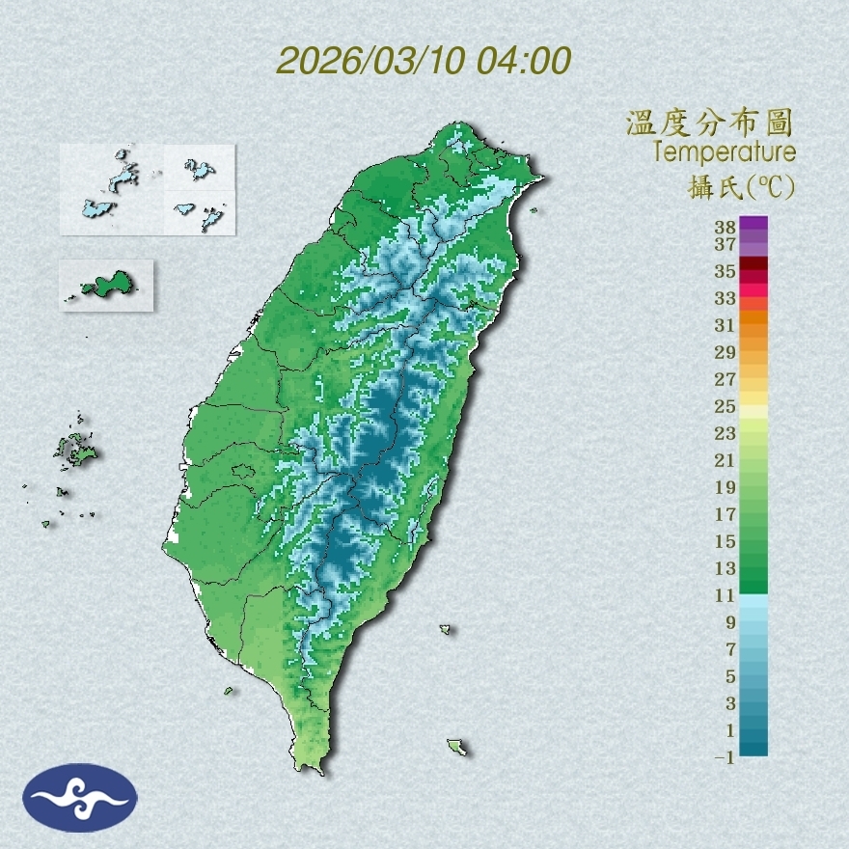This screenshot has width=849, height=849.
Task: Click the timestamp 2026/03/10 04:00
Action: click(424, 61)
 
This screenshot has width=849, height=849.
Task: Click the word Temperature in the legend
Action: click(724, 151)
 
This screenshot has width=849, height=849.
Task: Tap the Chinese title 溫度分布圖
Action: click(710, 123)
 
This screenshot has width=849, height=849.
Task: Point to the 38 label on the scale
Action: click(726, 228)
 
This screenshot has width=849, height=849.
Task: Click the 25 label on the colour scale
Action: click(726, 405)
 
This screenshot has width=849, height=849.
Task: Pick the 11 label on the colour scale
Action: click(726, 595)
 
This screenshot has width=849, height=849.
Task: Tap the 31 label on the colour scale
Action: click(726, 324)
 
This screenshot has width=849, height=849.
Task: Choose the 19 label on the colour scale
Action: click(726, 487)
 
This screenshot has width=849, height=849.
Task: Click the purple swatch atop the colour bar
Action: click(753, 223)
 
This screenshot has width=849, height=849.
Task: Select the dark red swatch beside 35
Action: click(753, 264)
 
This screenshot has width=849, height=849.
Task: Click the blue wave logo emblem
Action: click(80, 797)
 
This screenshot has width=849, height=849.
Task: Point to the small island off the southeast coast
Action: click(456, 747)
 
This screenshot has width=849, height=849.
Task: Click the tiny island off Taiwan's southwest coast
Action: click(230, 690)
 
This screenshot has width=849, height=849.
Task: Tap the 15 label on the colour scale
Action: click(726, 541)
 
